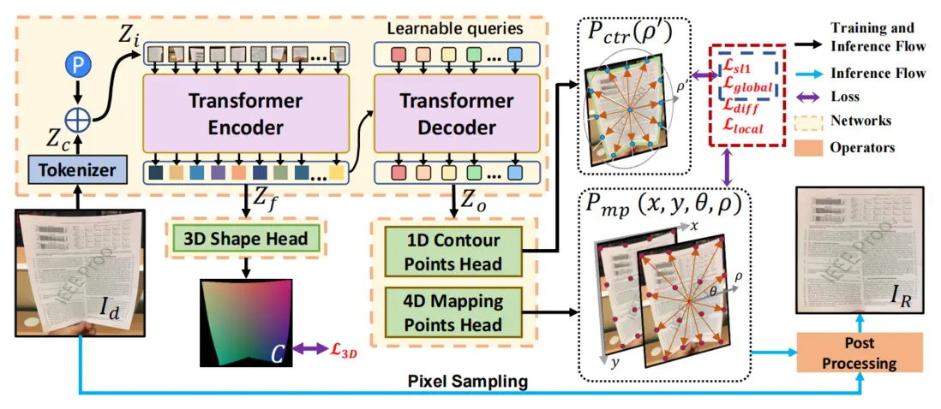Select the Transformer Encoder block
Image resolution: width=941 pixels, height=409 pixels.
(246, 115)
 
